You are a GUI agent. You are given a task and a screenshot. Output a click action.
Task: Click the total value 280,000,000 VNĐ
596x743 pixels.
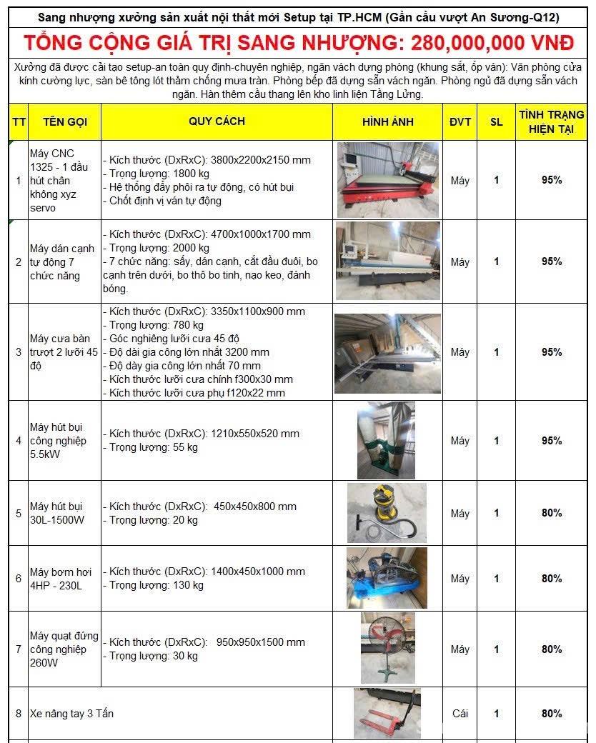tap(492, 43)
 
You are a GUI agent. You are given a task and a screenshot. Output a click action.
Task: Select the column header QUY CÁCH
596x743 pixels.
tap(217, 121)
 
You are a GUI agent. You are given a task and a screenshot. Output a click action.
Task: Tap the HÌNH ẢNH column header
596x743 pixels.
tap(387, 122)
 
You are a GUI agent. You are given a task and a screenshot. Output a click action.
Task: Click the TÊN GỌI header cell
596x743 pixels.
tap(64, 122)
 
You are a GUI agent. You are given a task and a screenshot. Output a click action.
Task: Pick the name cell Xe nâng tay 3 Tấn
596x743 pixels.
tap(71, 713)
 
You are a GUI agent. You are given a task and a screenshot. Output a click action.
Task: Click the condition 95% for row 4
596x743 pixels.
tap(552, 441)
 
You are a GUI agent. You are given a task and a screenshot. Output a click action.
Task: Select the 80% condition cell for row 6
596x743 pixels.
tap(552, 579)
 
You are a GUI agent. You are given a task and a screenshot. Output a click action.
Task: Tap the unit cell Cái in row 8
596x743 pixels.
tap(460, 713)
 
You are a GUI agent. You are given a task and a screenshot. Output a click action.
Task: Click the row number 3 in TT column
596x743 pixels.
tap(19, 352)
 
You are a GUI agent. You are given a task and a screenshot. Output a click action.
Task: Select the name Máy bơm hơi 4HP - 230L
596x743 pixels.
tap(61, 579)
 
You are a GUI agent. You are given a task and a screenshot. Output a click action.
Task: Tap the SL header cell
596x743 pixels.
tap(496, 122)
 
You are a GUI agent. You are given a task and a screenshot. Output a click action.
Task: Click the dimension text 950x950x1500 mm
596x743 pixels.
tap(260, 642)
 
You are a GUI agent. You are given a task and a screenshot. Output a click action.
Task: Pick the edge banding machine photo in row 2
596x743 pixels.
tap(387, 261)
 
